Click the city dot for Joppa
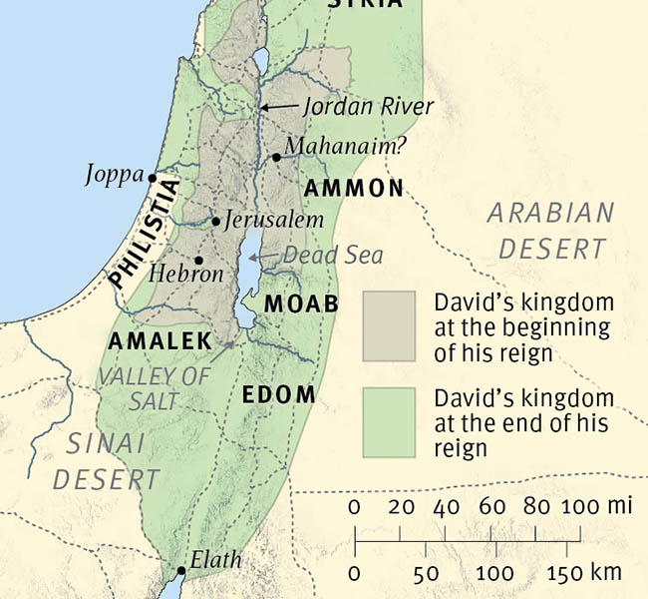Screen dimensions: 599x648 pos(153,178)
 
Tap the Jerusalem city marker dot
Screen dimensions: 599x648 pos(215,221)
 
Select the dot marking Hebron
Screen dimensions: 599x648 pos(199,260)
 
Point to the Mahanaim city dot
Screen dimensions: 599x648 pos(275,158)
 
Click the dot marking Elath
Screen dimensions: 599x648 pos(180,571)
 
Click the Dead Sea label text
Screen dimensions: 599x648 pos(333,256)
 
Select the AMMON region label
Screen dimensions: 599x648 pos(354,188)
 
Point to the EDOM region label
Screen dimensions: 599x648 pos(279,395)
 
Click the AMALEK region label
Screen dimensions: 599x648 pos(160,341)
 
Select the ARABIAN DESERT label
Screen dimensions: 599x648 pos(551,230)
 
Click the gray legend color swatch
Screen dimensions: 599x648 pos(389,326)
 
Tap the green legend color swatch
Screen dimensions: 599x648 pos(389,422)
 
